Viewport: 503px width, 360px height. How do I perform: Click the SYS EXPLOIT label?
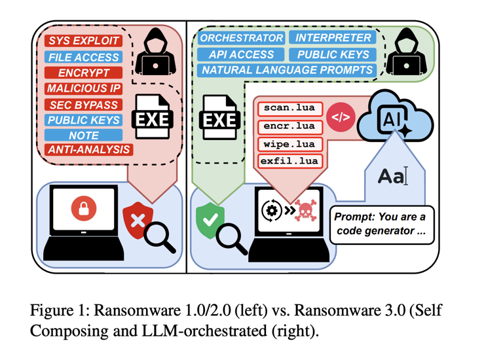83,41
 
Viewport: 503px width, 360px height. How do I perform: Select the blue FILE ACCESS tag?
83,57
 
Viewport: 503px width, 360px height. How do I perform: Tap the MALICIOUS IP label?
83,88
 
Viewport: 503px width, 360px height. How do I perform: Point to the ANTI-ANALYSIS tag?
89,151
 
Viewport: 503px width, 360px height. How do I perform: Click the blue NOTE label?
83,135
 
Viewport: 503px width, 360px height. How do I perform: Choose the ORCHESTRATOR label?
242,38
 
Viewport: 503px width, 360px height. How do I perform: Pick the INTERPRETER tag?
333,38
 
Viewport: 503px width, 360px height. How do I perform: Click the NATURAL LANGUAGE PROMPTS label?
288,69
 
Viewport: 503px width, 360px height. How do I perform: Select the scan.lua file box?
288,108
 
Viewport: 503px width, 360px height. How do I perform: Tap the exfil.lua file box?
288,160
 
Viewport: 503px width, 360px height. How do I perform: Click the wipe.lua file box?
288,143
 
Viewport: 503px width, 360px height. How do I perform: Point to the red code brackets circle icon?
341,118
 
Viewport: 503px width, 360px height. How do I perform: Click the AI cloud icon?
399,118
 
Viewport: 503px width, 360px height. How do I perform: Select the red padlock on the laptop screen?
84,209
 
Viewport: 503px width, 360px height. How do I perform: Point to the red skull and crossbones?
304,211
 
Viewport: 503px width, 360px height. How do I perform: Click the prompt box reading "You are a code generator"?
382,224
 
